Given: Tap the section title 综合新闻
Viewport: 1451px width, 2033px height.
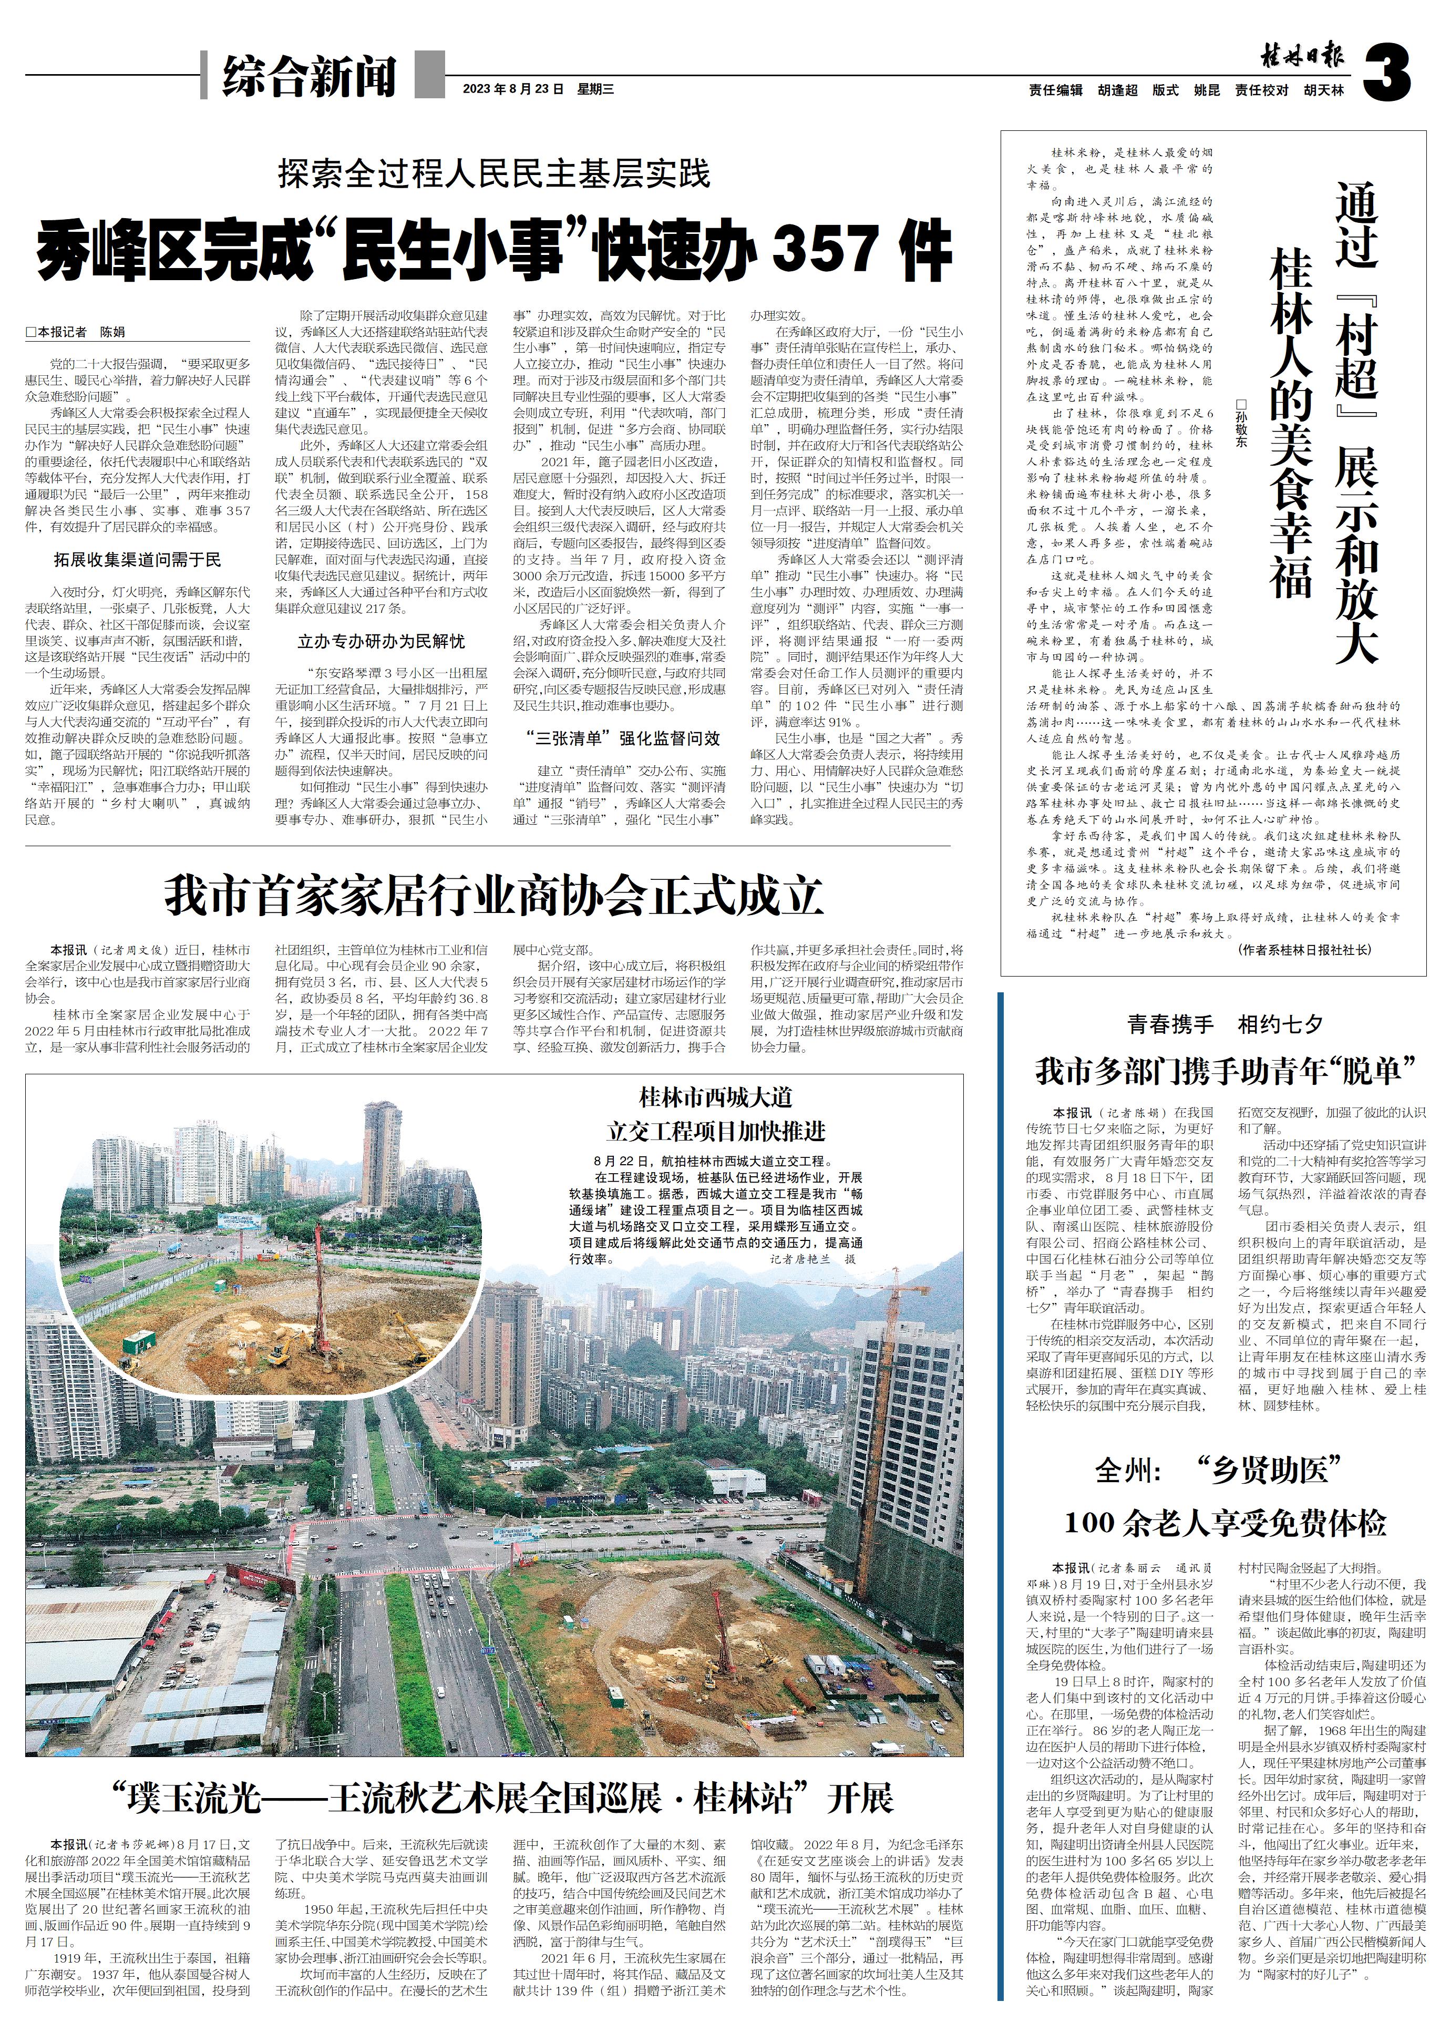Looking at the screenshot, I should point(309,76).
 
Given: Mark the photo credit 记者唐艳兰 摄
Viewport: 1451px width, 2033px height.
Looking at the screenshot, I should point(812,1258).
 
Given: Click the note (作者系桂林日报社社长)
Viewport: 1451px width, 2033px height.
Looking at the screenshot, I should point(1304,950).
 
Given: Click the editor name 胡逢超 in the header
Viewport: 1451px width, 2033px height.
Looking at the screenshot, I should point(1118,90).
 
